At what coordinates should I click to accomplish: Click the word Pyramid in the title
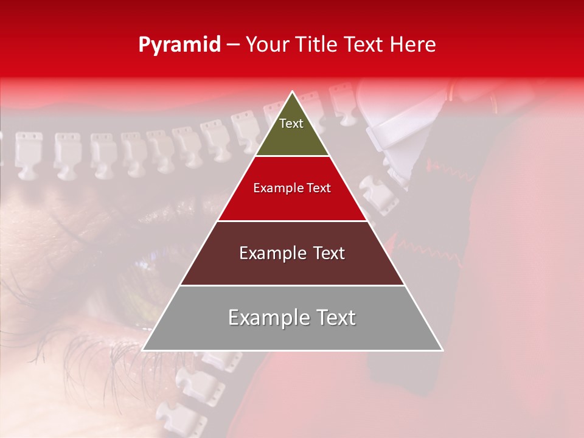179,45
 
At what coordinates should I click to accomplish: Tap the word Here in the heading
413,45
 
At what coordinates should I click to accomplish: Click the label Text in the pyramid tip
291,123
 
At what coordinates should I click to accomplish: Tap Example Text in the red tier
292,188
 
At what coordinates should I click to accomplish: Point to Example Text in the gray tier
292,318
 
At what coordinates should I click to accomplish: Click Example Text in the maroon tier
292,253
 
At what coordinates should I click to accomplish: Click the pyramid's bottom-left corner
143,350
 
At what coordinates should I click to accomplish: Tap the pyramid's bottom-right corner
442,350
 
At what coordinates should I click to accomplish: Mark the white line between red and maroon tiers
292,221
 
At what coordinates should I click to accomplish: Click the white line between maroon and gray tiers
292,285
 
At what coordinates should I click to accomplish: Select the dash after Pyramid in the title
232,46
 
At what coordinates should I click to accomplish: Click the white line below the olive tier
292,156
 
